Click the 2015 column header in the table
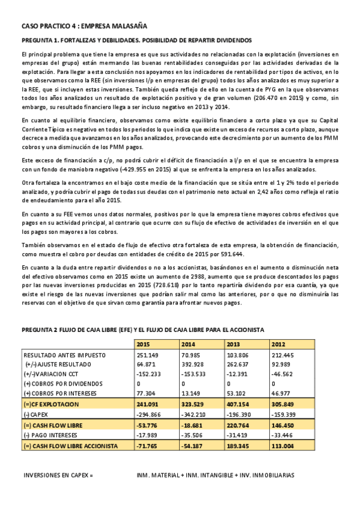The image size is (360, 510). click(x=144, y=345)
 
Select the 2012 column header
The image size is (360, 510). click(x=278, y=345)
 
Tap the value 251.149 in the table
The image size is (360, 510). click(x=147, y=355)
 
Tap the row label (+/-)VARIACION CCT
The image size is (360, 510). click(x=52, y=375)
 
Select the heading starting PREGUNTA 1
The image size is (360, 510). click(x=136, y=41)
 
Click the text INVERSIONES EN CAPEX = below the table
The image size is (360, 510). click(x=59, y=475)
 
